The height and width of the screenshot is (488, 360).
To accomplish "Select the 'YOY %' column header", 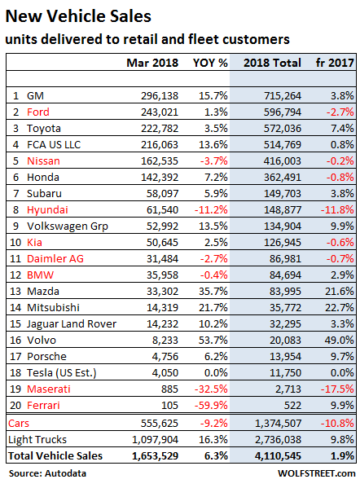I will pos(209,63).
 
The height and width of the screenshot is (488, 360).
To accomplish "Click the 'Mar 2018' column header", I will pos(152,63).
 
